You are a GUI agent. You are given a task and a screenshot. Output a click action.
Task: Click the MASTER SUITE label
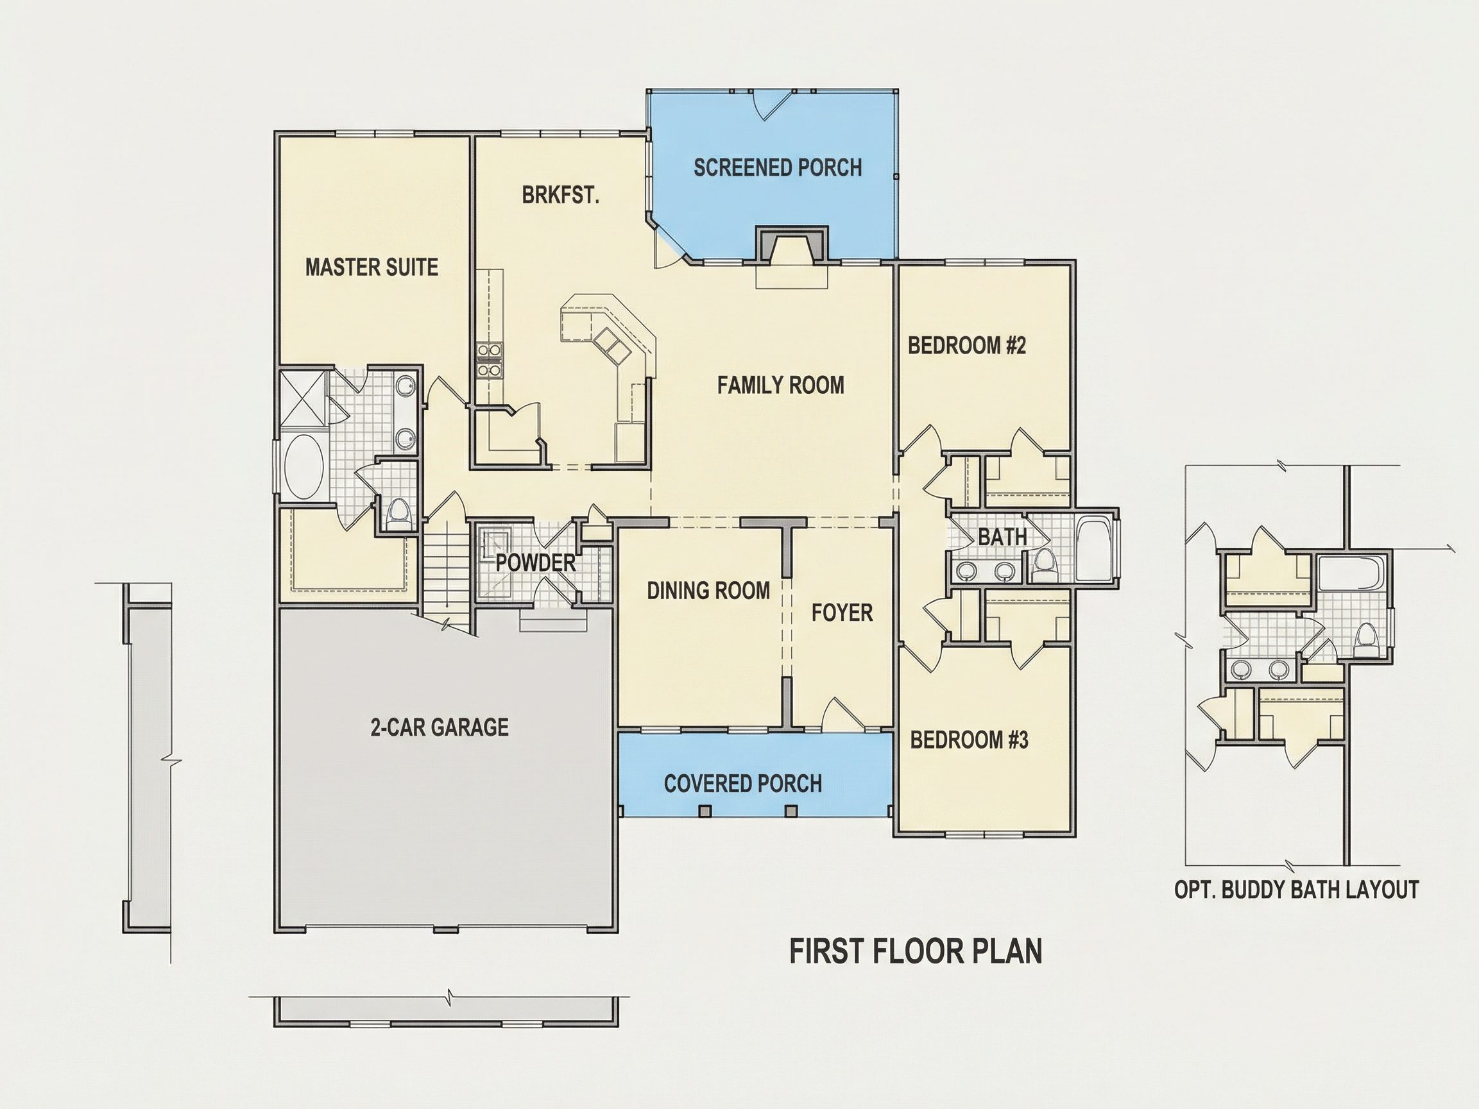372,267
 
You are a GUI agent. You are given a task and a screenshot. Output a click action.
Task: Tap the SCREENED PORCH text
778,167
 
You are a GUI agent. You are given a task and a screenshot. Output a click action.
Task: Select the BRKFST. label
560,195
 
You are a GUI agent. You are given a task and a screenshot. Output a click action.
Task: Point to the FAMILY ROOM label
781,385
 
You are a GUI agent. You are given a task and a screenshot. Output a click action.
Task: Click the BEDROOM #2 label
967,346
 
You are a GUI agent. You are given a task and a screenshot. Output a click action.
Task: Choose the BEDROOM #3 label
970,740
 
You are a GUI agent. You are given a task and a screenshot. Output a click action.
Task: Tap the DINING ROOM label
709,590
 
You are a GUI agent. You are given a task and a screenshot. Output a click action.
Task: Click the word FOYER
842,613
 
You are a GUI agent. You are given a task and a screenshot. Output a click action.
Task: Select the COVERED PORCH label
743,783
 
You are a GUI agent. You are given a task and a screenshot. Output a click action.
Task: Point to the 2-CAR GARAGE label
440,727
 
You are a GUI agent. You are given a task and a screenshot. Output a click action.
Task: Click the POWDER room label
536,563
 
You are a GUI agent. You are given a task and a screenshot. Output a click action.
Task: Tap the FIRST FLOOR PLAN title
916,951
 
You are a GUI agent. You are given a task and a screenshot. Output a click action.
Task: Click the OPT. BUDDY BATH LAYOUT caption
1297,890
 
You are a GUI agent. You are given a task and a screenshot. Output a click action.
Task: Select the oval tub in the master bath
304,466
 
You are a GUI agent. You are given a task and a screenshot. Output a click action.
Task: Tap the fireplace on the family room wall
792,244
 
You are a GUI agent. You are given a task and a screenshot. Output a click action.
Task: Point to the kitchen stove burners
489,360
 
